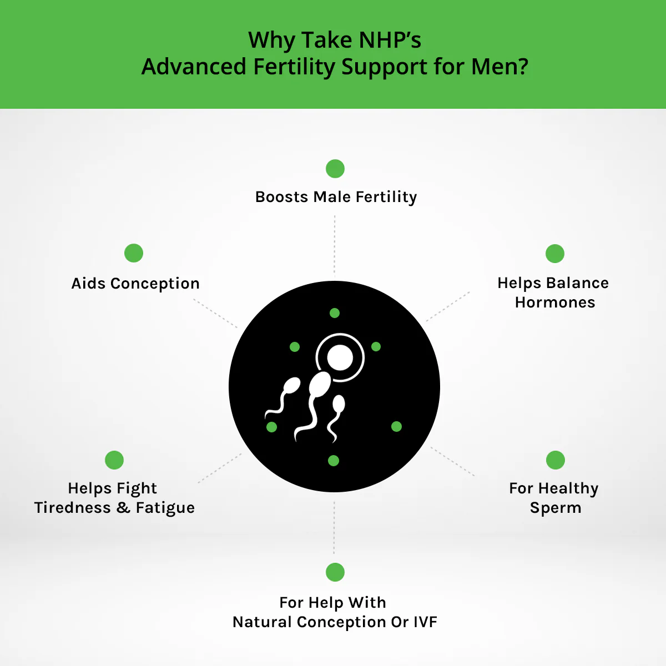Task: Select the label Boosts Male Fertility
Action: (x=336, y=197)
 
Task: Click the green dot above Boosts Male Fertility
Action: (x=335, y=169)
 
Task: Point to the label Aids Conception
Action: (x=135, y=284)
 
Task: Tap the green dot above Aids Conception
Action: (x=134, y=253)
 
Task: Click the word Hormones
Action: (x=555, y=302)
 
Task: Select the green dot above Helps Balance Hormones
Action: (x=555, y=254)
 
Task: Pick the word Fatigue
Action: (x=165, y=508)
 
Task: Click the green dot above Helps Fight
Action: (x=114, y=460)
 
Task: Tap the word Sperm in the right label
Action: (x=556, y=508)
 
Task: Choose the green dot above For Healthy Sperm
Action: (x=556, y=460)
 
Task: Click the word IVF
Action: (x=426, y=622)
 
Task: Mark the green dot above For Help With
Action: (x=335, y=572)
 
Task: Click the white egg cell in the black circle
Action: (x=340, y=357)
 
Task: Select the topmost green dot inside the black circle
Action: (x=335, y=313)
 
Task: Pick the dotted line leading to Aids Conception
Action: (x=215, y=314)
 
